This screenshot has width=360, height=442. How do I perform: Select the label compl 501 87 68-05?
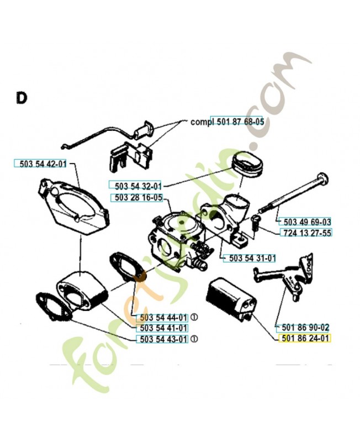(226, 122)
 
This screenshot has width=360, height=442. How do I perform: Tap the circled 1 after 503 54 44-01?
(194, 318)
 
